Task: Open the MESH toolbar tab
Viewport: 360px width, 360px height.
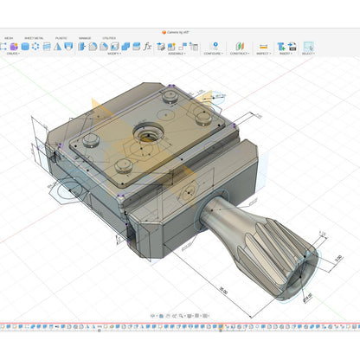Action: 9,38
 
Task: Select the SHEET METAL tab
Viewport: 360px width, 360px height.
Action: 35,38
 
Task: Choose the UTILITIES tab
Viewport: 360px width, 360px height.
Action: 109,38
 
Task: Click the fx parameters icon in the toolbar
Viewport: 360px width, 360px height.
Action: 148,46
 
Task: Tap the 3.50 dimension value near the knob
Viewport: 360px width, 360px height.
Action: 337,257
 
